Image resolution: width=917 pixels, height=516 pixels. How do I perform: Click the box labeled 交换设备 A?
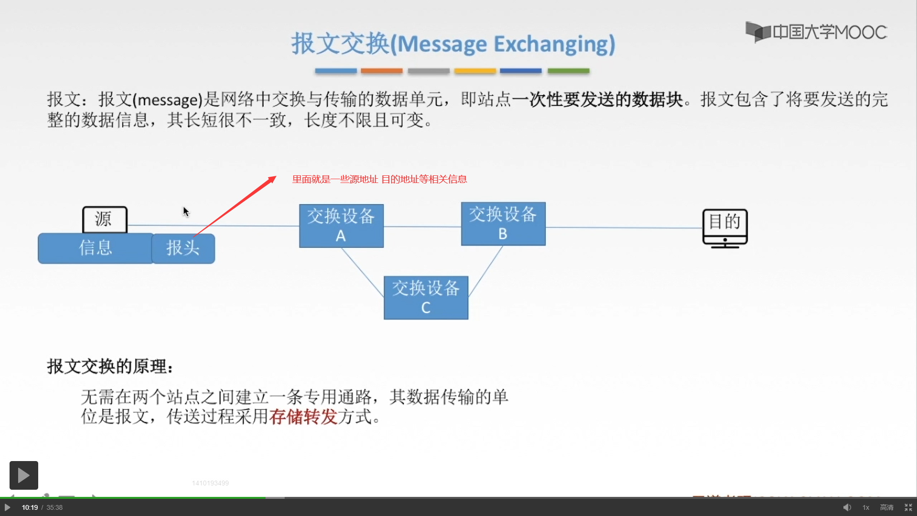(341, 226)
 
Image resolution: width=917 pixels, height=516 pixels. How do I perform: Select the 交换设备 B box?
(503, 224)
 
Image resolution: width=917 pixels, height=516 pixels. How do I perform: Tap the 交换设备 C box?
(426, 298)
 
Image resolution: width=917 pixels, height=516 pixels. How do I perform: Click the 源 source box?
(105, 219)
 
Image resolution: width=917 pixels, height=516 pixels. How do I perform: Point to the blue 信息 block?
(96, 248)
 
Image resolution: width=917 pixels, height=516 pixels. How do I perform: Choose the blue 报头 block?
(183, 248)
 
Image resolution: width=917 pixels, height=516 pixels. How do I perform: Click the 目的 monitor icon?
(725, 228)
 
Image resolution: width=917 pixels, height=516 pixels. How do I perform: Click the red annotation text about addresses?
(379, 179)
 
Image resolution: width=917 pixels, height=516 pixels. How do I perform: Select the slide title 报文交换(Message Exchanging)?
(453, 44)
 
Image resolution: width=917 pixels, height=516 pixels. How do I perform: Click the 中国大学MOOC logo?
(816, 32)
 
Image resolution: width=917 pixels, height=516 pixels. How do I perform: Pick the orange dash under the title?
(381, 71)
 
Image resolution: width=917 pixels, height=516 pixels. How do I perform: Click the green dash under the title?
(568, 71)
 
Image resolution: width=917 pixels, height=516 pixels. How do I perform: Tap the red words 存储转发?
(303, 417)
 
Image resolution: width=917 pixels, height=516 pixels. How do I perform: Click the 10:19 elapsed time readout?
(30, 507)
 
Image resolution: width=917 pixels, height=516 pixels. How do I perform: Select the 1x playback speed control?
(865, 507)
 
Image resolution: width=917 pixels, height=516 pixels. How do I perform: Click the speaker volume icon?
(847, 507)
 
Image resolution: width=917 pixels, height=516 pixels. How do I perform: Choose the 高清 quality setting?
(886, 507)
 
